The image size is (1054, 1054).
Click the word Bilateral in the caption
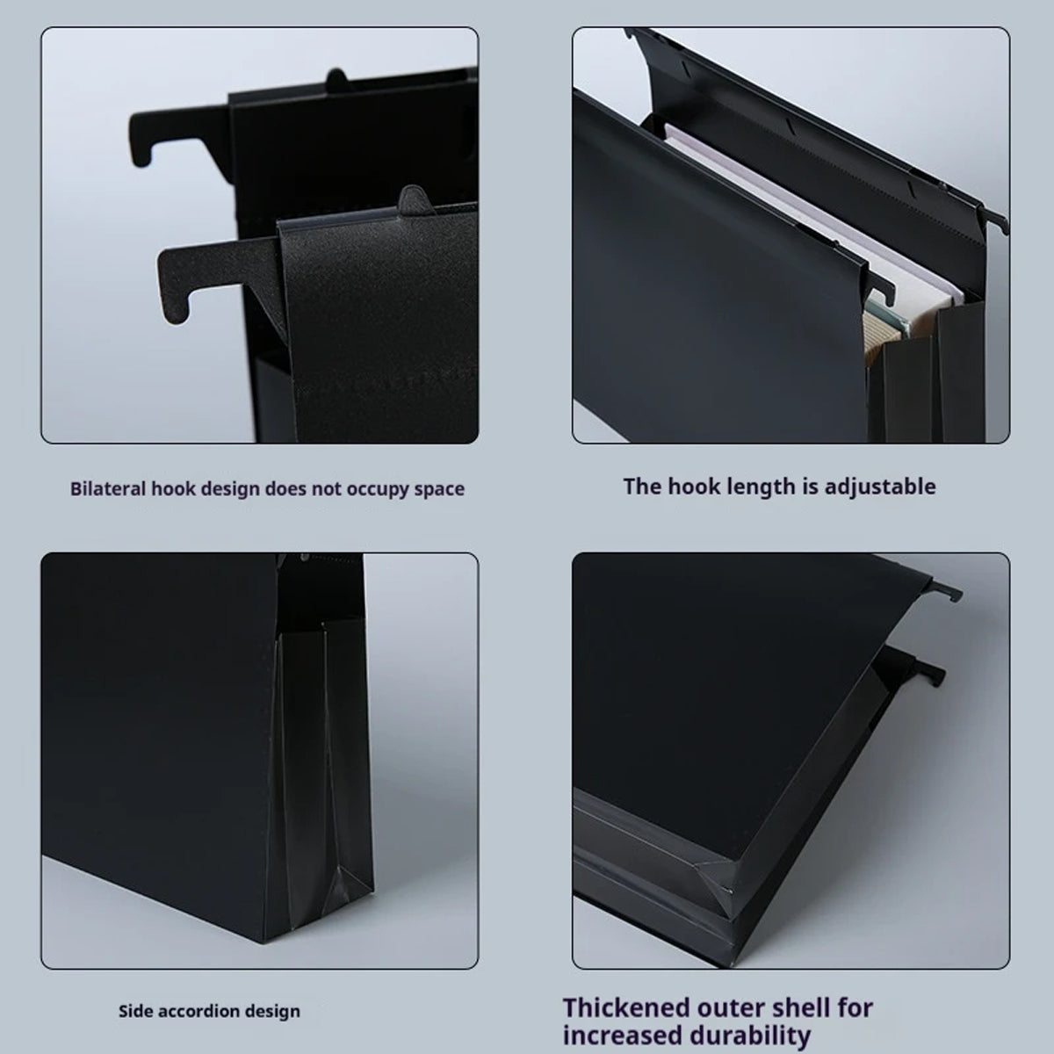pyautogui.click(x=108, y=488)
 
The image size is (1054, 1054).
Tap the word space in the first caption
pyautogui.click(x=438, y=488)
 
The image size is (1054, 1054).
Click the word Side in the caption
pyautogui.click(x=133, y=1011)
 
